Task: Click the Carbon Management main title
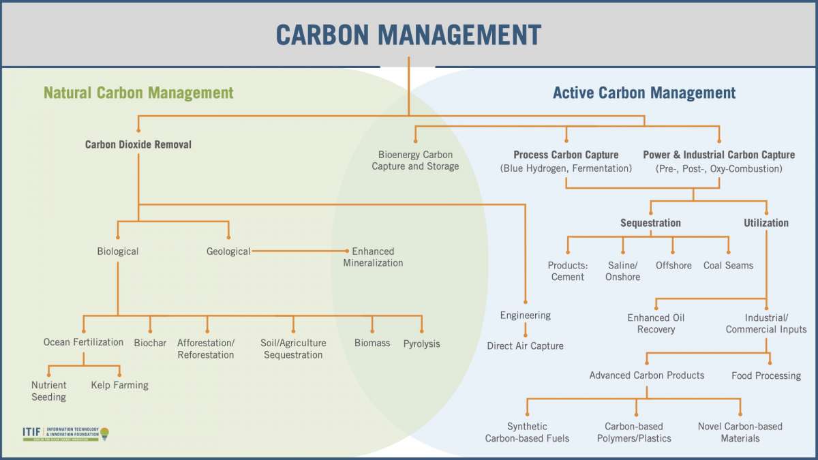(x=408, y=34)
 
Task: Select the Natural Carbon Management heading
(x=138, y=93)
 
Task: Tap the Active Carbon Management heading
(x=644, y=93)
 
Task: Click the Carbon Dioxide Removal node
(x=138, y=144)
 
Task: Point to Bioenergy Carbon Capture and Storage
(x=415, y=160)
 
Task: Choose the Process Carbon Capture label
(x=566, y=155)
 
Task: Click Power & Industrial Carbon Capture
(x=719, y=155)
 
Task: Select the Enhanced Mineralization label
(x=373, y=257)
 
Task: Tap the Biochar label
(x=150, y=343)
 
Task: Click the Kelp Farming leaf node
(x=119, y=385)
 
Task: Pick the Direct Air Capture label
(x=525, y=346)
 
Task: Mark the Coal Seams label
(x=728, y=265)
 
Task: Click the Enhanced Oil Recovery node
(x=656, y=324)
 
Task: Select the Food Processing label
(x=766, y=375)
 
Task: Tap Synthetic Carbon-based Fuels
(x=527, y=432)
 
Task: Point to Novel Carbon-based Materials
(x=740, y=432)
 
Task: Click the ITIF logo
(x=65, y=433)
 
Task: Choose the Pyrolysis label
(x=421, y=343)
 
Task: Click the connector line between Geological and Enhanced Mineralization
(x=300, y=251)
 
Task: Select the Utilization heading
(x=766, y=223)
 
